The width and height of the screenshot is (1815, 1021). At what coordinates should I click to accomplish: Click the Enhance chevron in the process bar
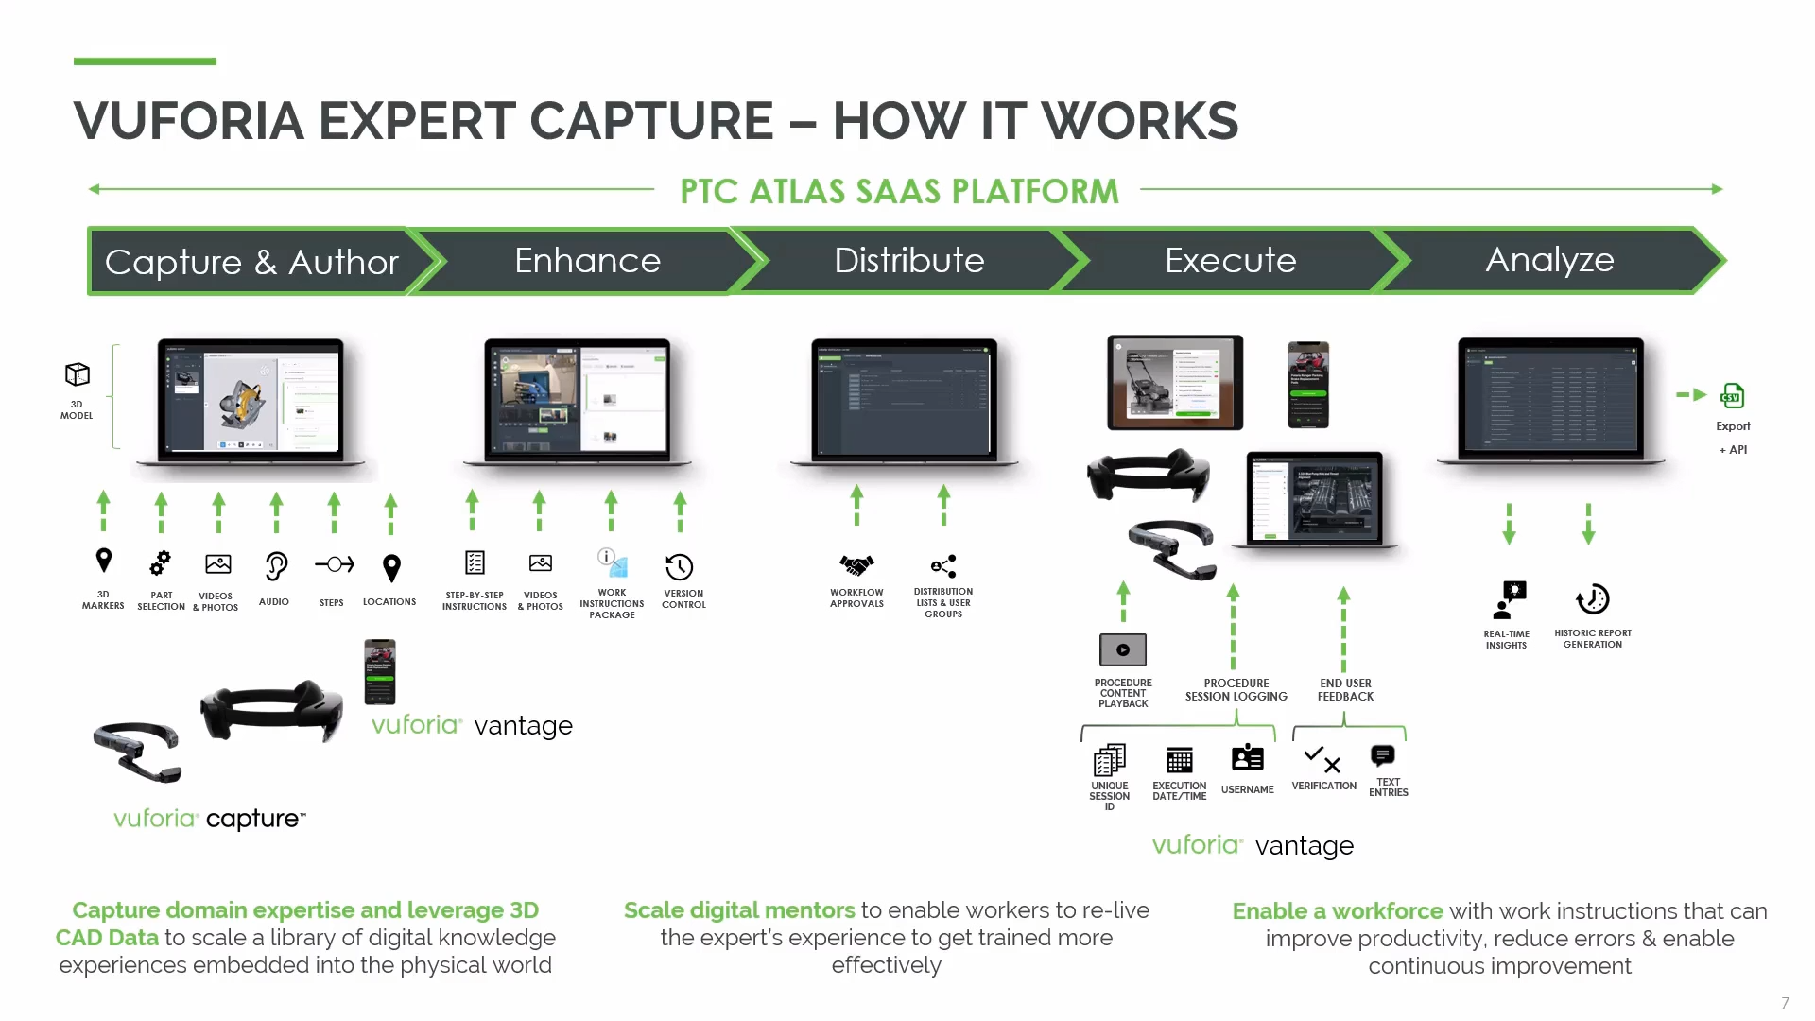587,261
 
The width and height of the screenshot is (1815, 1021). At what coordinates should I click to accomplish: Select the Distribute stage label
908,261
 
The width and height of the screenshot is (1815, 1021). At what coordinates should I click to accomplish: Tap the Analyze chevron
1549,260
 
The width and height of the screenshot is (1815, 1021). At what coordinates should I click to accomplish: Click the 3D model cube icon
78,374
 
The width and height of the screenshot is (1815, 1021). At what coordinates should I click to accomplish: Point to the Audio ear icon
275,565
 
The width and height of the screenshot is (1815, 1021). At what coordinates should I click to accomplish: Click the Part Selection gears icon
161,563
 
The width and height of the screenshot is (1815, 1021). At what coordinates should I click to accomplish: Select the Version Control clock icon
680,567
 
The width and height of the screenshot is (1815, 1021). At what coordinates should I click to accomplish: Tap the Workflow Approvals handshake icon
856,565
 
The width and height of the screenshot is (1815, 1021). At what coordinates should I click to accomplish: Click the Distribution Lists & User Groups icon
943,566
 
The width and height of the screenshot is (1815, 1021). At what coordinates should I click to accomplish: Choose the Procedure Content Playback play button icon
1123,650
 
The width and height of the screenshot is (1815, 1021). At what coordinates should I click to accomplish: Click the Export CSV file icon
1733,395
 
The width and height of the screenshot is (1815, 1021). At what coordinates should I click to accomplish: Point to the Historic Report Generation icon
1593,599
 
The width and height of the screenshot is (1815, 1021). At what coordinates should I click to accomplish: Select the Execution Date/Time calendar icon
1180,760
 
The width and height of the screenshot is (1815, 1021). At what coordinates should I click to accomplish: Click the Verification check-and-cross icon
1322,759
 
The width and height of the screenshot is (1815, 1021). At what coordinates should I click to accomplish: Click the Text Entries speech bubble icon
1383,755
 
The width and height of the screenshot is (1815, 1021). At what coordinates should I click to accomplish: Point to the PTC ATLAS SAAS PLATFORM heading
899,191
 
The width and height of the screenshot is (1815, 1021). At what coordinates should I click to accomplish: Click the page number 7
1785,1003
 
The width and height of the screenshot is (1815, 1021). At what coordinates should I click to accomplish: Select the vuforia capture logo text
210,819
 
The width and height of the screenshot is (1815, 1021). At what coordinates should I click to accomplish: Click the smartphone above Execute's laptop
1308,385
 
